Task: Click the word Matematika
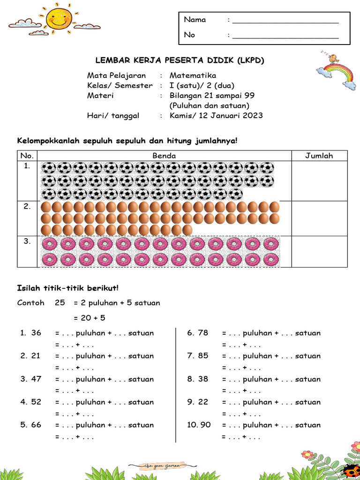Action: [x=193, y=75]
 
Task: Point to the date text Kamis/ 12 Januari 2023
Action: [x=216, y=116]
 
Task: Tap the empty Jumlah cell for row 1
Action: [x=319, y=181]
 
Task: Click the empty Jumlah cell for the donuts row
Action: [x=319, y=251]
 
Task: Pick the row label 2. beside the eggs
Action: [x=27, y=205]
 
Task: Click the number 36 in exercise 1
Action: [x=36, y=333]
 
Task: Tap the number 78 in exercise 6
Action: [x=203, y=333]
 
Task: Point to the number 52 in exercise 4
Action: [x=36, y=402]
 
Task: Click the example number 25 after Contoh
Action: [x=60, y=303]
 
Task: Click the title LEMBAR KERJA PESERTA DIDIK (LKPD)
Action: [x=180, y=60]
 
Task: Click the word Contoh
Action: [x=31, y=303]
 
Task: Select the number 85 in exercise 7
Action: [x=203, y=356]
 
